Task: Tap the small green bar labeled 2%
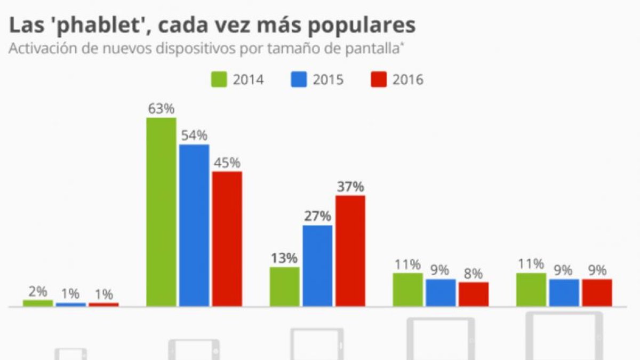38,303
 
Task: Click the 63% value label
161,109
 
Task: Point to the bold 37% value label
350,187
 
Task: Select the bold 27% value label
318,217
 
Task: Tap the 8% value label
474,274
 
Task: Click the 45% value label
227,163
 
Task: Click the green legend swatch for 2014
219,79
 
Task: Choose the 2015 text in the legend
328,80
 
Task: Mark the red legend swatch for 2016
378,79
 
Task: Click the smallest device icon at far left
71,354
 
